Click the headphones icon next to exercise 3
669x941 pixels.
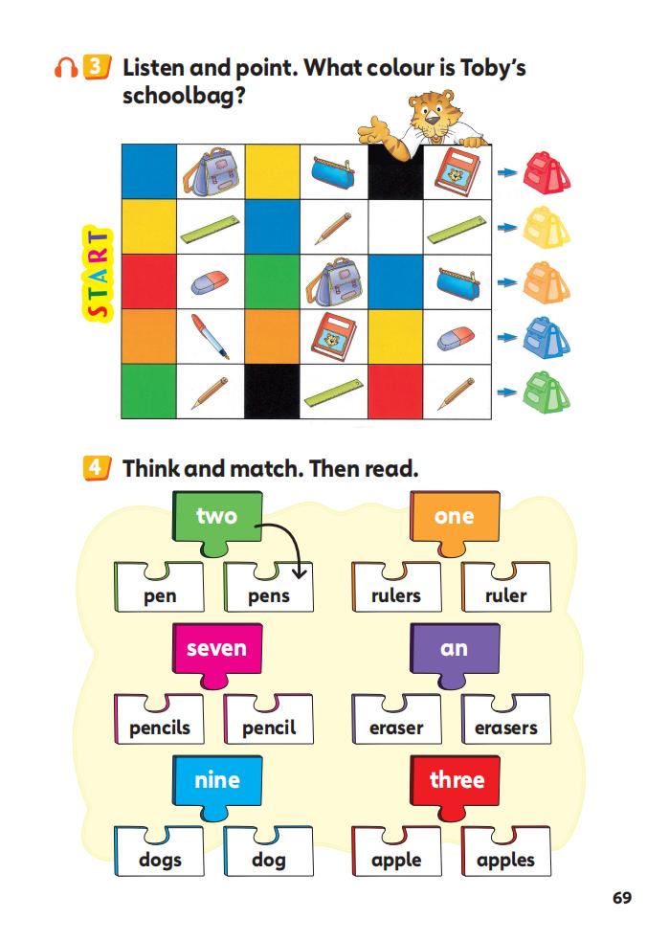tap(66, 69)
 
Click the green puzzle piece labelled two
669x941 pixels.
tap(216, 518)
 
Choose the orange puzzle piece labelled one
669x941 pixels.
tap(454, 518)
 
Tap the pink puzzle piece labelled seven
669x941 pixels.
tap(216, 649)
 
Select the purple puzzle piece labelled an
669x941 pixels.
tap(454, 649)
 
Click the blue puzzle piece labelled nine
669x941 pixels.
tap(216, 781)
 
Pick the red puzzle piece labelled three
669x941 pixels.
tap(457, 781)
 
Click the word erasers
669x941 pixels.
tap(505, 728)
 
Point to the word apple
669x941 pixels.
tap(395, 860)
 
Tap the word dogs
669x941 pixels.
tap(160, 860)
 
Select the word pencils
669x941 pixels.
tap(160, 728)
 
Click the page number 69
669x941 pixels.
tap(622, 898)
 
